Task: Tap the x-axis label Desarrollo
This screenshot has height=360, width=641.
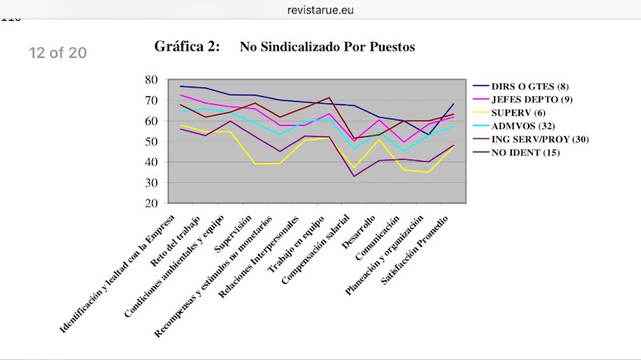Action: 370,229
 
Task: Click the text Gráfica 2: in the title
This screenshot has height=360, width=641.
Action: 187,47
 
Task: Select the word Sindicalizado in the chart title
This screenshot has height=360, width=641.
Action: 300,47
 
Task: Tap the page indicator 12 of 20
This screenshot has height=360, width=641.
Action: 58,54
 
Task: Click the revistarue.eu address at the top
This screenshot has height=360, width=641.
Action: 320,10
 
